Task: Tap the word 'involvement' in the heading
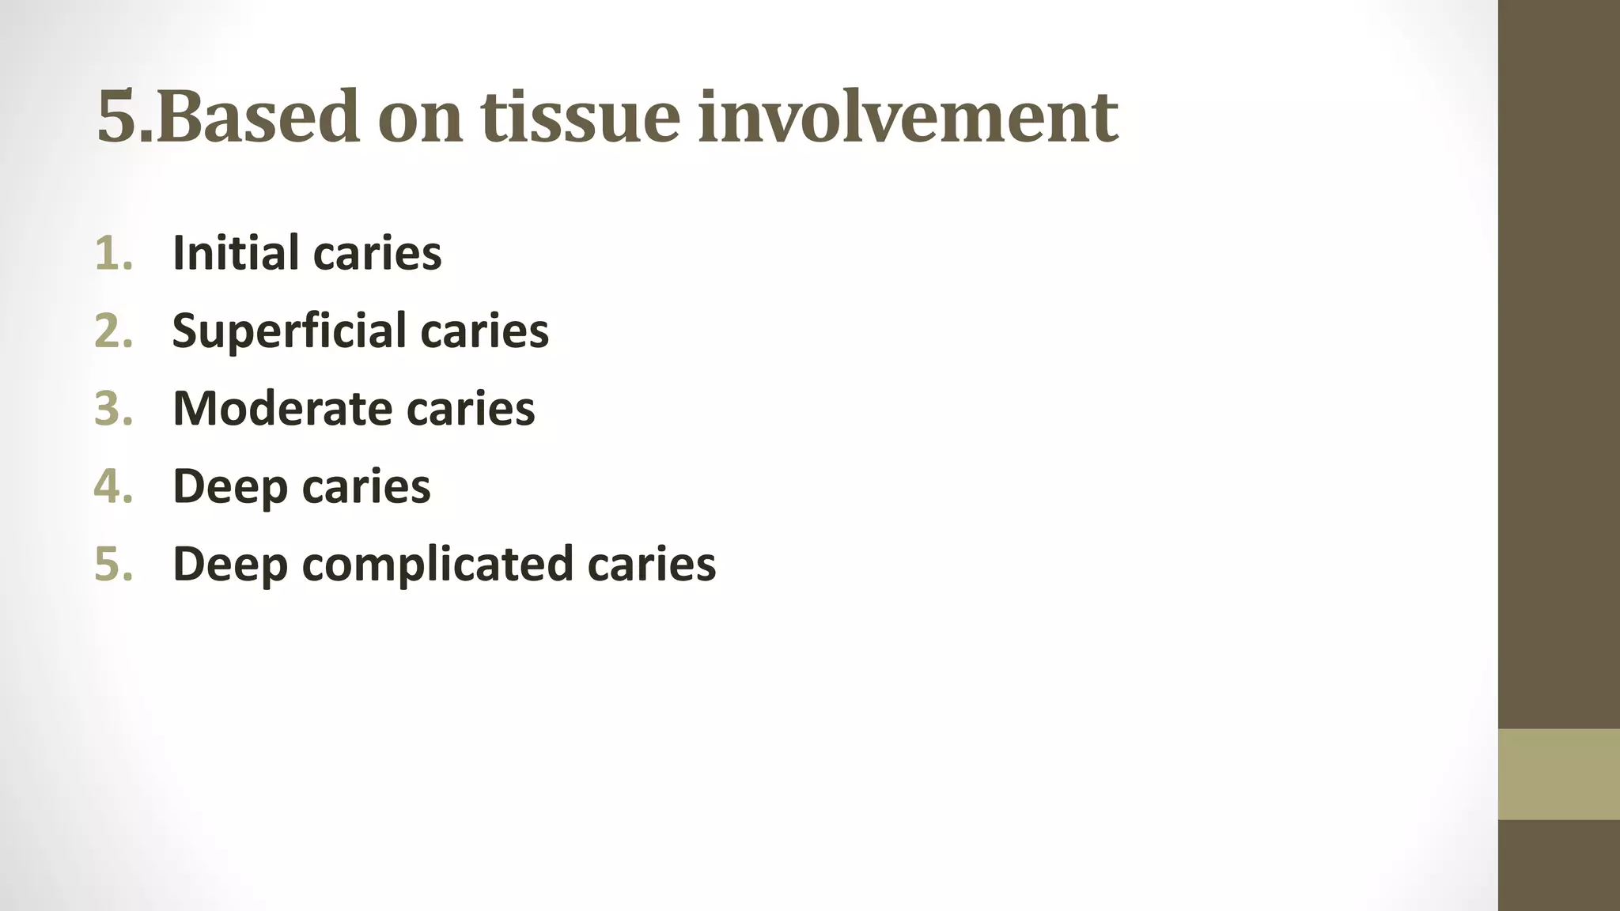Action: click(x=908, y=117)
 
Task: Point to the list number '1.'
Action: click(x=114, y=253)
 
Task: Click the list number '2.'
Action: click(x=114, y=331)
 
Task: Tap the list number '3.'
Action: click(x=114, y=408)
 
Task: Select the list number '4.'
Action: click(x=114, y=486)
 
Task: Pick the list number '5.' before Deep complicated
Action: click(x=114, y=564)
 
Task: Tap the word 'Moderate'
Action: click(x=282, y=408)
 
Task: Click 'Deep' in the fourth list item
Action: click(x=229, y=486)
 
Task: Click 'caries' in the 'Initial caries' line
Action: click(x=378, y=253)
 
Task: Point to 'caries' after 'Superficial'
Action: click(x=485, y=331)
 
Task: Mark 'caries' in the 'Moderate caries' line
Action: click(x=471, y=408)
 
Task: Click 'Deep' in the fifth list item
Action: click(x=229, y=564)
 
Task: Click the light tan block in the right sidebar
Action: click(x=1558, y=773)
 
